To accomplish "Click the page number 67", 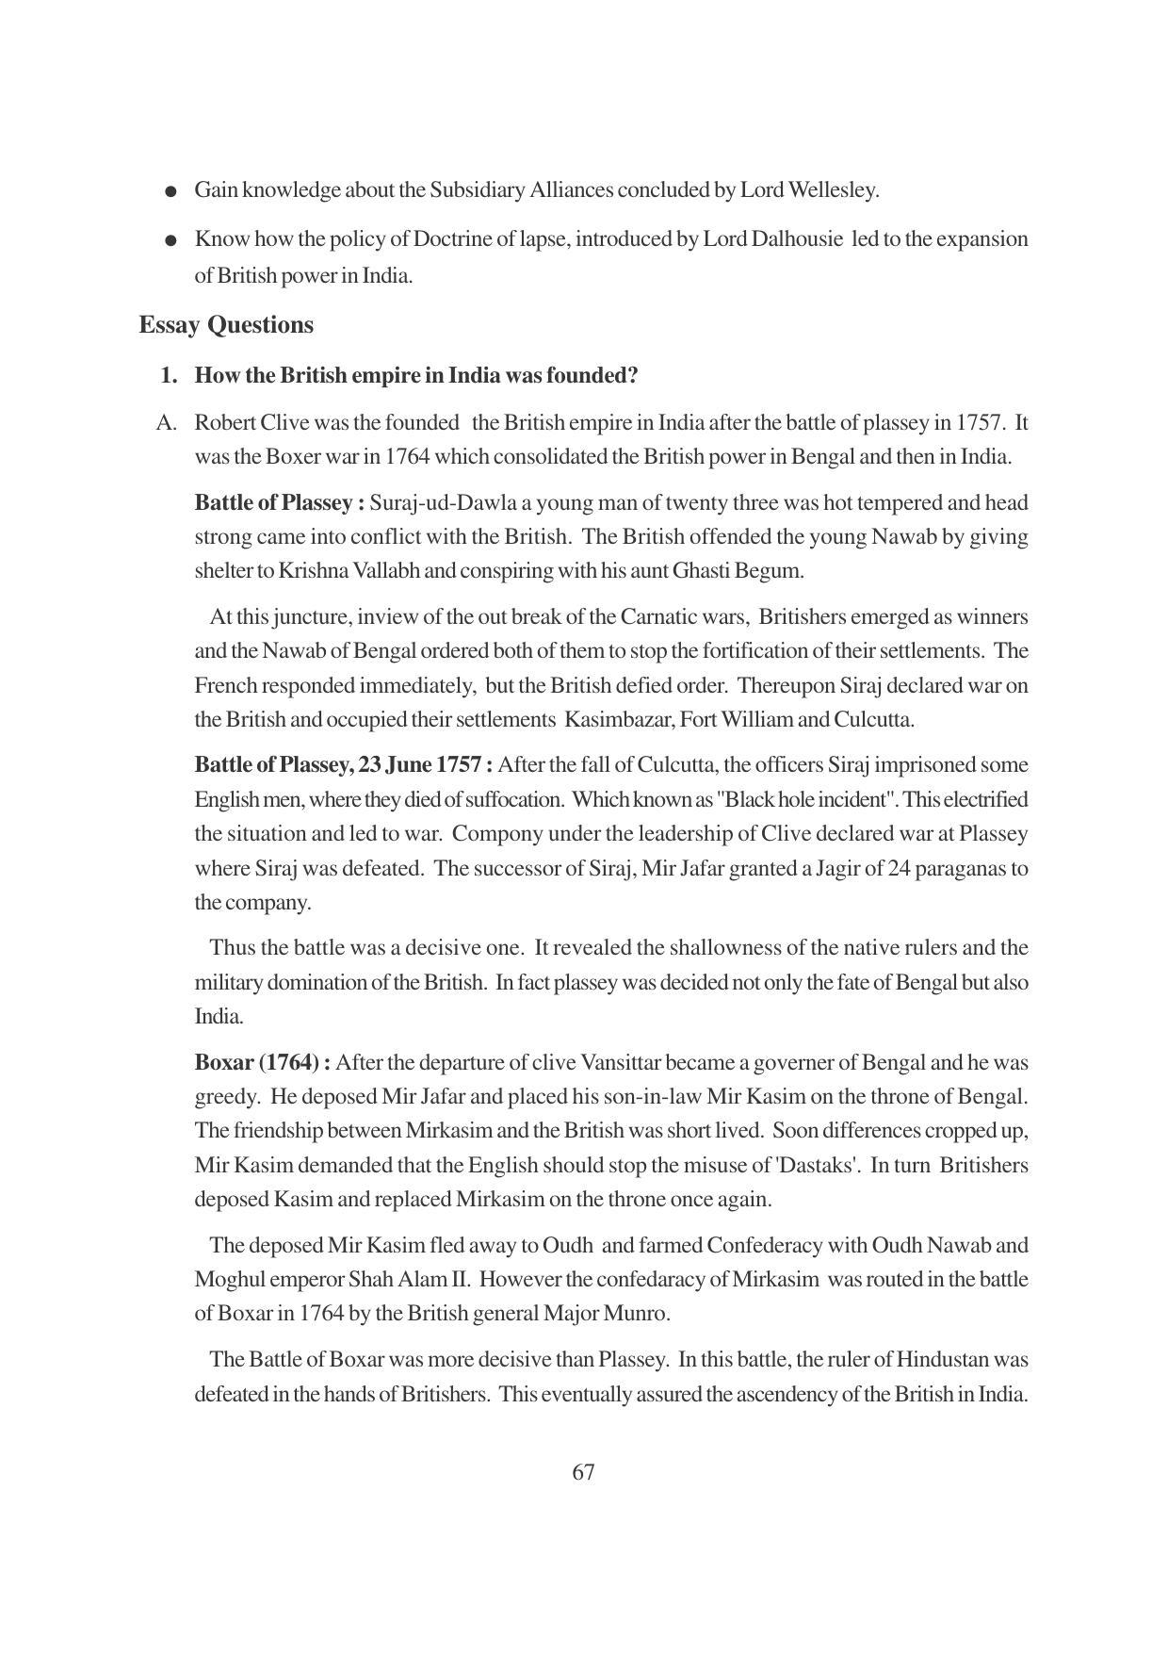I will pyautogui.click(x=583, y=1472).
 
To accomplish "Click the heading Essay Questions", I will pyautogui.click(x=226, y=325).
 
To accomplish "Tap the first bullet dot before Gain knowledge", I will pyautogui.click(x=170, y=192).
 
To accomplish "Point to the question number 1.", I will pyautogui.click(x=169, y=375).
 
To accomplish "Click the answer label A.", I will pyautogui.click(x=167, y=423).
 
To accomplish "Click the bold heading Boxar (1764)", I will pyautogui.click(x=261, y=1062).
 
